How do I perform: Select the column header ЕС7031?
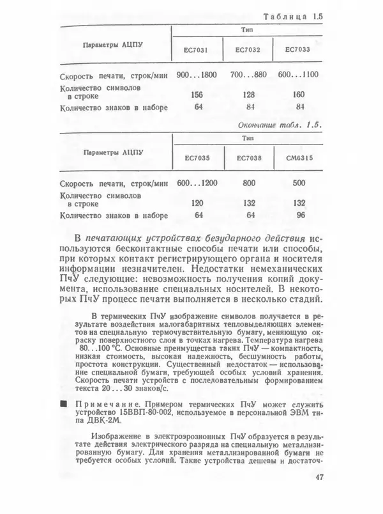[197, 49]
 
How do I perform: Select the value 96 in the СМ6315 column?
[297, 215]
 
